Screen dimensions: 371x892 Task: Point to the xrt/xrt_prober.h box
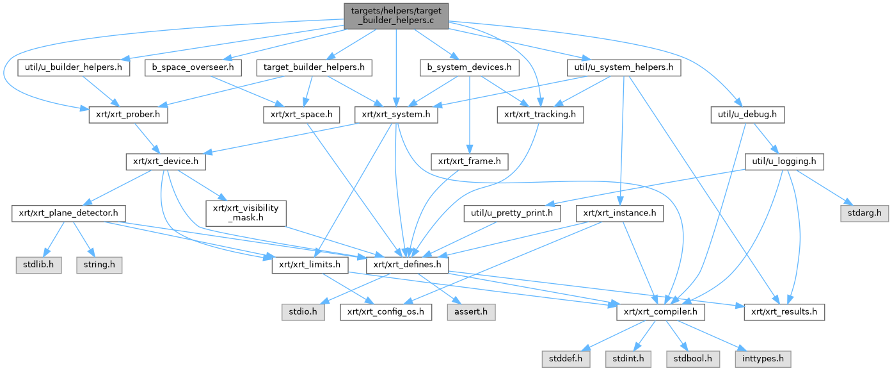click(123, 115)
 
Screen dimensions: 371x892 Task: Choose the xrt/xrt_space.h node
click(302, 115)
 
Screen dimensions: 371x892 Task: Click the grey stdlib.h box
click(38, 265)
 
